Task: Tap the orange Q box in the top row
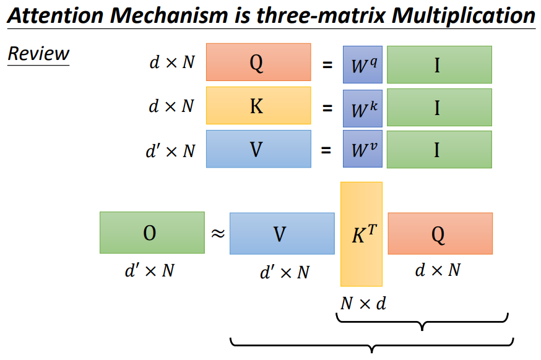[258, 62]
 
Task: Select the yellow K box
[258, 106]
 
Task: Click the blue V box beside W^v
[258, 149]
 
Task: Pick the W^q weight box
[362, 64]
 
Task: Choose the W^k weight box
[362, 108]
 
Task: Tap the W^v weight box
[362, 150]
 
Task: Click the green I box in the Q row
[439, 64]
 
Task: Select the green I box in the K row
[439, 107]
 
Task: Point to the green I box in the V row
[439, 149]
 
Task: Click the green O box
[152, 233]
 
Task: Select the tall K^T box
[361, 234]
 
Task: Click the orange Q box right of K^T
[440, 233]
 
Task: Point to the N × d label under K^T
[363, 303]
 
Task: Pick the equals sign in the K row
[326, 107]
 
